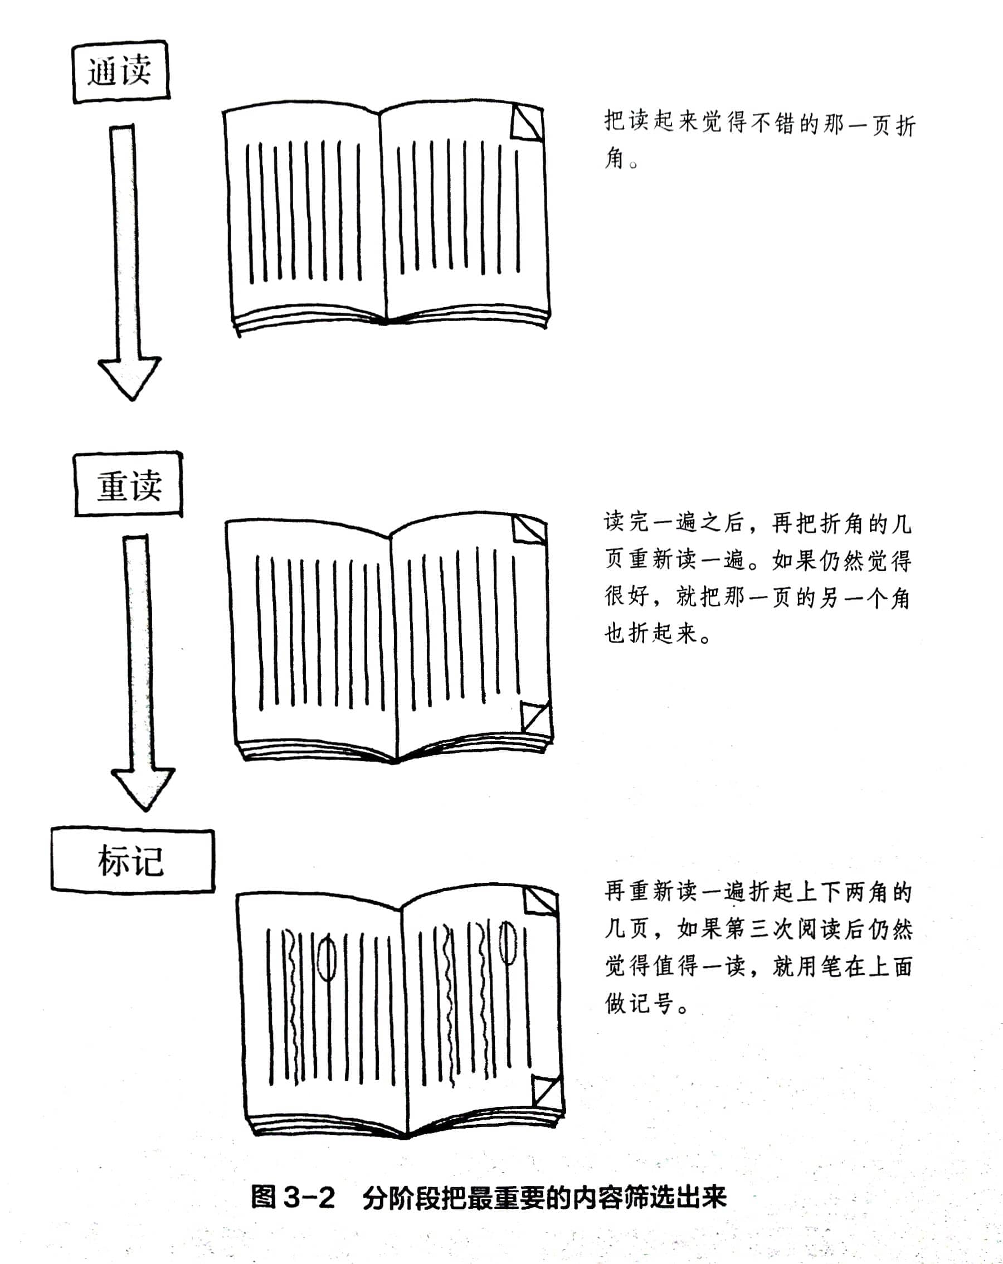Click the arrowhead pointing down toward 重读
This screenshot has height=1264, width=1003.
click(x=129, y=378)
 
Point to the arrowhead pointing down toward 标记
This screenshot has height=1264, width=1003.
click(x=143, y=789)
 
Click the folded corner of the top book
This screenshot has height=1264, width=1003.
click(x=527, y=122)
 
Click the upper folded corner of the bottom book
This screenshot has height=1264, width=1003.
click(x=541, y=901)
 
